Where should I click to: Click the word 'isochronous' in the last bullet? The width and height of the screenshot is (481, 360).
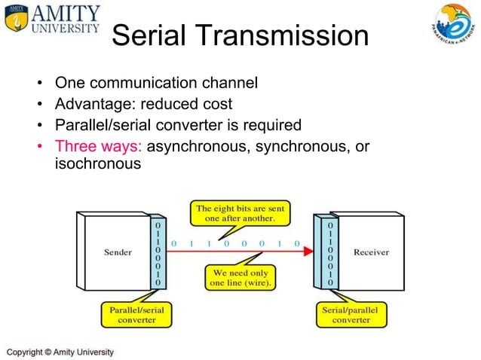click(x=98, y=163)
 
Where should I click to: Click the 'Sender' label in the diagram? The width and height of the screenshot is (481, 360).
click(x=118, y=252)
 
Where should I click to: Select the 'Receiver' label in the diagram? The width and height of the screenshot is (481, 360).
click(x=371, y=252)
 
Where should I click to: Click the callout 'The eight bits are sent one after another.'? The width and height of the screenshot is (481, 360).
click(x=240, y=212)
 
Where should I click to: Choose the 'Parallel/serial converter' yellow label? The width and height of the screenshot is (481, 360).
click(x=136, y=314)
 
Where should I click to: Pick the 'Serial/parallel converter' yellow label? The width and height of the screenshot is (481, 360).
click(x=348, y=314)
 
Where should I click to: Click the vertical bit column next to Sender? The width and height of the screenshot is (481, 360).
click(x=157, y=253)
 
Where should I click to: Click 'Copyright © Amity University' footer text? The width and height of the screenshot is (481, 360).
click(x=60, y=352)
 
